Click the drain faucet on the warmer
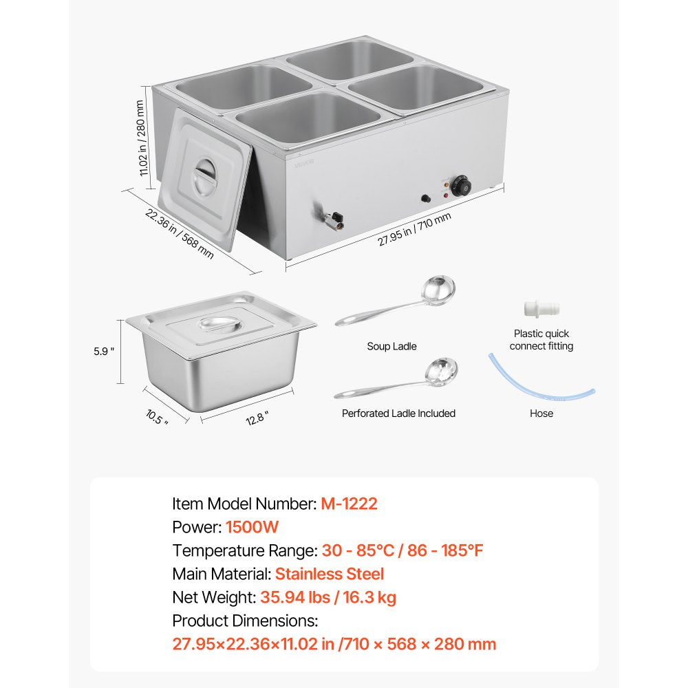coord(332,221)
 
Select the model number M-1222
coord(349,504)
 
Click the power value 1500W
coord(252,527)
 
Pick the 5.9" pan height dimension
coord(103,350)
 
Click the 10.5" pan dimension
coord(157,416)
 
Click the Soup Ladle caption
coord(391,347)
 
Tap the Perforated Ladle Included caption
coord(398,413)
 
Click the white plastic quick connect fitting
coord(541,308)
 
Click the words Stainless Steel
coord(330,574)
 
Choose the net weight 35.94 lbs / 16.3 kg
coord(328,597)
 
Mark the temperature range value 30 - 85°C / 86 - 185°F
coord(407,550)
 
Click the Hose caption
coord(541,413)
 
